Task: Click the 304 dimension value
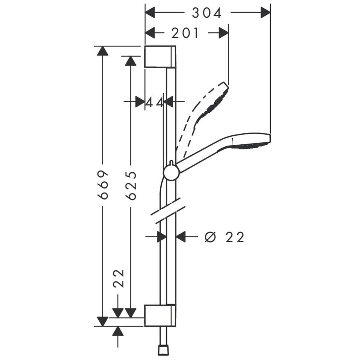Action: point(207,13)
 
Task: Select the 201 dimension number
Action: point(185,33)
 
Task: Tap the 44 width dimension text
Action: point(155,102)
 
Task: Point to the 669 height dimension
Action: point(103,185)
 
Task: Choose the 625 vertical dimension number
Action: point(131,185)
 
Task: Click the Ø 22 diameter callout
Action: point(224,237)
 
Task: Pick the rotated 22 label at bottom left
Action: point(118,279)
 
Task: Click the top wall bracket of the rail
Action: point(160,57)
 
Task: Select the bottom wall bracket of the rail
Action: point(160,316)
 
